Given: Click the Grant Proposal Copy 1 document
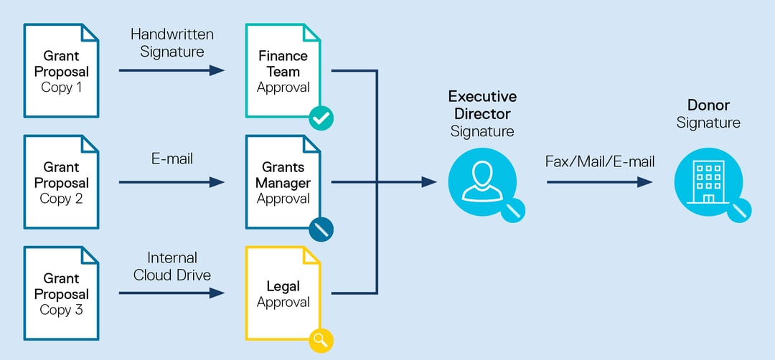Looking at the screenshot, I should (61, 71).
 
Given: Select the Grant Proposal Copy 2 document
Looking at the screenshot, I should (61, 182).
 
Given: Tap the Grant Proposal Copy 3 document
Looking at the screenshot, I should (61, 293).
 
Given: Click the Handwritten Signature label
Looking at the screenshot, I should (172, 42).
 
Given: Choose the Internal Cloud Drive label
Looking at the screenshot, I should (172, 265).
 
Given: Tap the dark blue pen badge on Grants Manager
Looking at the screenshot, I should (321, 229).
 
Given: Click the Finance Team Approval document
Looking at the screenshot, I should (283, 71).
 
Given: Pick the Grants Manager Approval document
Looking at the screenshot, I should (283, 182).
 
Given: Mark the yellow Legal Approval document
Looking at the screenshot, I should (283, 293).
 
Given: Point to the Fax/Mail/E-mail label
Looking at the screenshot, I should (601, 162).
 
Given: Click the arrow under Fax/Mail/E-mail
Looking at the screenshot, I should (600, 182).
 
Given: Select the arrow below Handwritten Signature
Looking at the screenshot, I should (172, 70).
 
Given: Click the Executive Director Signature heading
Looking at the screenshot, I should (482, 113).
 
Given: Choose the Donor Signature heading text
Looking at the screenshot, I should (708, 114).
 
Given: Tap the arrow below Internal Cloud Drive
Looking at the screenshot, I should (172, 293).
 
